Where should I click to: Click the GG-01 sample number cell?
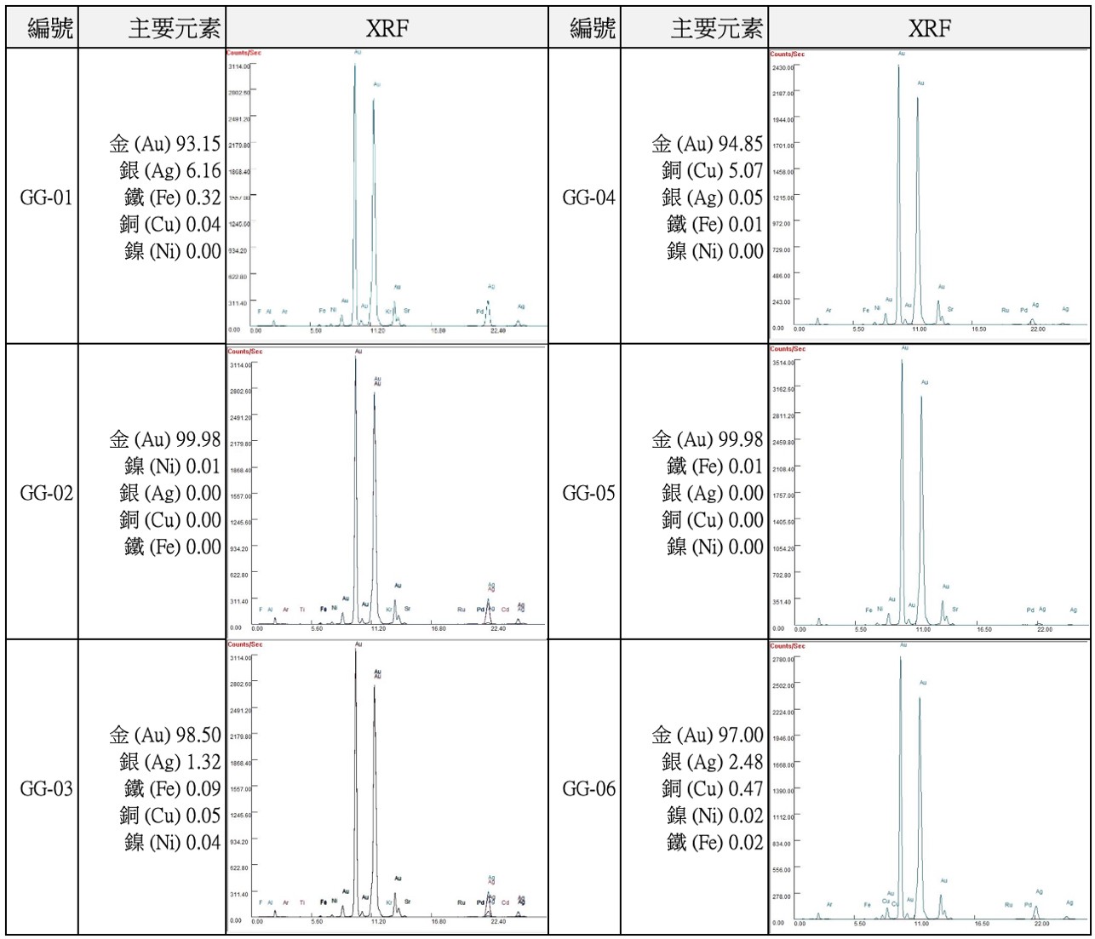coord(46,198)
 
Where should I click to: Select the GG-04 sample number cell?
coord(588,198)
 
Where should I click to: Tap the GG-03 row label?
coord(46,789)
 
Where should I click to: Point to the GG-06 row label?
coord(588,789)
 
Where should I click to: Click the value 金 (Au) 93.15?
coord(165,144)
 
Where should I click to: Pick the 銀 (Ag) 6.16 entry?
coord(170,171)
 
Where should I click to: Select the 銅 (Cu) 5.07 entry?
coord(712,171)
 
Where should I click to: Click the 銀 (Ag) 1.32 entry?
coord(170,762)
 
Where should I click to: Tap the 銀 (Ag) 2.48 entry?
coord(712,762)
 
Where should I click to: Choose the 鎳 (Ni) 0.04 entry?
coord(173,843)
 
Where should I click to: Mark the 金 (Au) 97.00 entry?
coord(708,735)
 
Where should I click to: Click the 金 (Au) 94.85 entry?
coord(708,144)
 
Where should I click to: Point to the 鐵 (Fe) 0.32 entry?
coord(173,198)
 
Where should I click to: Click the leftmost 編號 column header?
coord(50,29)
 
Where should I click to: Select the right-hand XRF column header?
coord(929,29)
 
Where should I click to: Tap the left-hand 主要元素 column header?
coord(175,29)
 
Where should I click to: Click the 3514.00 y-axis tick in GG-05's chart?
coord(783,363)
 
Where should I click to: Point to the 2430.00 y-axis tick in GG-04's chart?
coord(783,67)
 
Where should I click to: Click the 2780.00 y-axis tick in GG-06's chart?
coord(783,660)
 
